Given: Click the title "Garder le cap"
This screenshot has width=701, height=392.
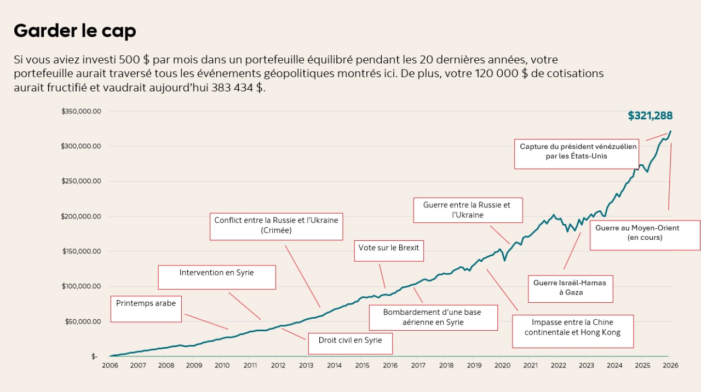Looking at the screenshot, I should (x=74, y=31).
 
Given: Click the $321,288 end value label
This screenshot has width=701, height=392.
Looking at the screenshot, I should (x=650, y=116).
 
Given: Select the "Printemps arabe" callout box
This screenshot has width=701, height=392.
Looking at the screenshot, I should (x=146, y=309).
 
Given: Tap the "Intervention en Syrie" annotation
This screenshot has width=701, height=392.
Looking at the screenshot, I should (x=217, y=277).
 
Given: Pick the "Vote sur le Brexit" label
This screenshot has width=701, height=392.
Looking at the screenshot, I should (x=389, y=250).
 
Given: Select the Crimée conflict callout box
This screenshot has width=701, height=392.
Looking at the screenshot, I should (x=276, y=226).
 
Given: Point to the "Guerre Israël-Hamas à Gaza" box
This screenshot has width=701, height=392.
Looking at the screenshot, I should (x=570, y=288).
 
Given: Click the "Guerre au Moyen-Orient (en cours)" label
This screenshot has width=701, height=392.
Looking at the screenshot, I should (x=645, y=235).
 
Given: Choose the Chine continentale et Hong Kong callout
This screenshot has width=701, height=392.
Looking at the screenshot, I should (x=572, y=331).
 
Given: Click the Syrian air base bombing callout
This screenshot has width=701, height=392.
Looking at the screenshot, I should (x=433, y=318).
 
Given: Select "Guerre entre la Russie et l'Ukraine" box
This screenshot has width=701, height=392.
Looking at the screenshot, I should (x=467, y=210).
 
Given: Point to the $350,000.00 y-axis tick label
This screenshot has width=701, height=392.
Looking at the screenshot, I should (x=81, y=111).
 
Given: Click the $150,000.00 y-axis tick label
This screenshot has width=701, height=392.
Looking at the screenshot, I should (x=81, y=251).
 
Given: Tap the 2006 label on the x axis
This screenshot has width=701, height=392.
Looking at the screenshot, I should (x=110, y=365).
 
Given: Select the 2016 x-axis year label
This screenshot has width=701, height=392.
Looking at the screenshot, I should (x=390, y=365).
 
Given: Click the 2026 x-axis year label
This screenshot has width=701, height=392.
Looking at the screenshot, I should (x=669, y=365).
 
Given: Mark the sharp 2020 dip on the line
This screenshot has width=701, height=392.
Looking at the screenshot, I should (x=504, y=260).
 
